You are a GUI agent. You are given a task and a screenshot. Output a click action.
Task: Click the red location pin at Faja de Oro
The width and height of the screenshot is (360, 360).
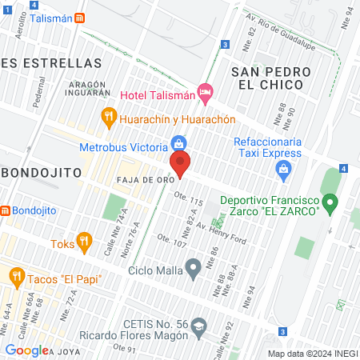click(x=181, y=162)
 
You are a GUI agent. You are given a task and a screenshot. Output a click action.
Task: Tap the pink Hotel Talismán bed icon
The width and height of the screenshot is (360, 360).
click(x=205, y=94)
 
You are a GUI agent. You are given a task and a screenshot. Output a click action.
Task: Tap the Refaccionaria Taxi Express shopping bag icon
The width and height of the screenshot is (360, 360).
click(x=282, y=169)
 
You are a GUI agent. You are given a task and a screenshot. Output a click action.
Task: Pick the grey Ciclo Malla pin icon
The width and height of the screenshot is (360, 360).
click(x=193, y=268)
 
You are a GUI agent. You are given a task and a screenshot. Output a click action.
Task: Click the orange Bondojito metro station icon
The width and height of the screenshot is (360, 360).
click(x=5, y=211)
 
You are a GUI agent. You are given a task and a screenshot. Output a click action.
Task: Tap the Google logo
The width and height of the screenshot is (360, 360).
click(x=26, y=350)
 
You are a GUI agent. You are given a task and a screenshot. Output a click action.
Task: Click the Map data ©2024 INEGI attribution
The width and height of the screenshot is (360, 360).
click(x=312, y=353)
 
